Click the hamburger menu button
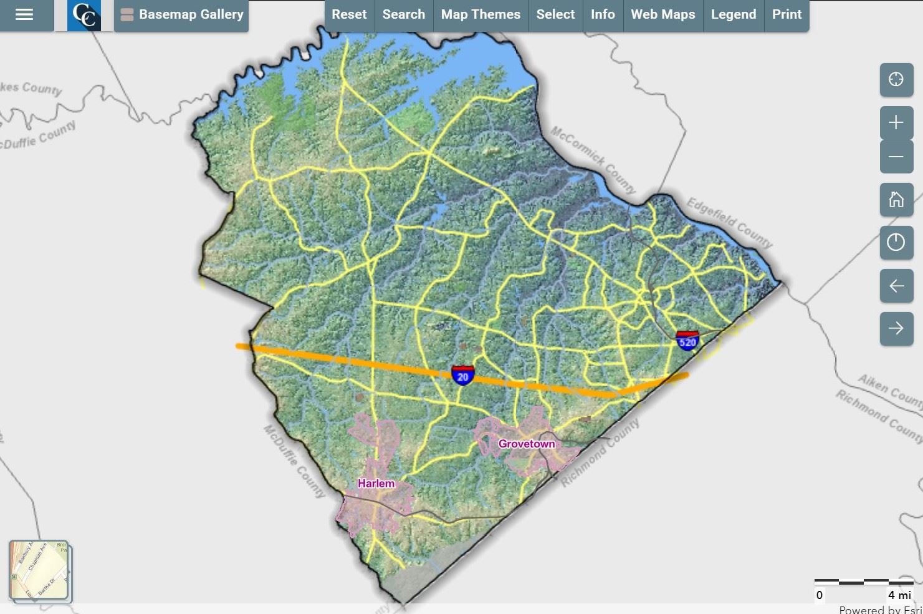tap(24, 14)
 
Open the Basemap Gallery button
tap(182, 14)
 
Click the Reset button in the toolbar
tap(349, 14)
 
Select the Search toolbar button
tap(403, 14)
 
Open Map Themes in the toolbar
tap(481, 14)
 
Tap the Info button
tap(603, 14)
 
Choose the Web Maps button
tap(662, 14)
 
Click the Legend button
tap(733, 14)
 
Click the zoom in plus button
tap(896, 122)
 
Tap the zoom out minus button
tap(896, 157)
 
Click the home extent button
tap(896, 200)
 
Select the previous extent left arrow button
tap(896, 286)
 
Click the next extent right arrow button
tap(896, 328)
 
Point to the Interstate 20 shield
tap(462, 376)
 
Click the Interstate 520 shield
tap(687, 341)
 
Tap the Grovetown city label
tap(526, 444)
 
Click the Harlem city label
tap(376, 484)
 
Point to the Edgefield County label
tap(729, 223)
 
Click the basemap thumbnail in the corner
tap(39, 571)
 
